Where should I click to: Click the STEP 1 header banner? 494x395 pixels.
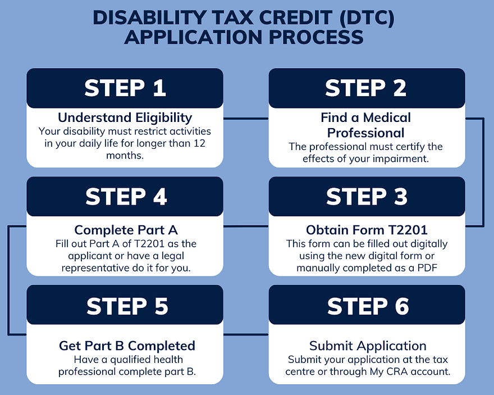click(125, 88)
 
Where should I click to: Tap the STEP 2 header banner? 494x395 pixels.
click(367, 88)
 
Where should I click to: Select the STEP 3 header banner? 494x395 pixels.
click(367, 197)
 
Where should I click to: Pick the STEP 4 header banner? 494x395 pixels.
click(125, 197)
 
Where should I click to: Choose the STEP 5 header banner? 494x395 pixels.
click(125, 306)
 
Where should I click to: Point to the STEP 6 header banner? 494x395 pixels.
click(367, 306)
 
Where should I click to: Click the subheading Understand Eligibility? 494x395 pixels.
click(125, 117)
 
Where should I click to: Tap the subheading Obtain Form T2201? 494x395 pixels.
click(367, 230)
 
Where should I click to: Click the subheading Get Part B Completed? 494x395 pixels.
click(127, 346)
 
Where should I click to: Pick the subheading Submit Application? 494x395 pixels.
click(368, 346)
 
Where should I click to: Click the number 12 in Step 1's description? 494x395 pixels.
click(205, 143)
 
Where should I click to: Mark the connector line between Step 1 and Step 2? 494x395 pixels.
click(246, 119)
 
